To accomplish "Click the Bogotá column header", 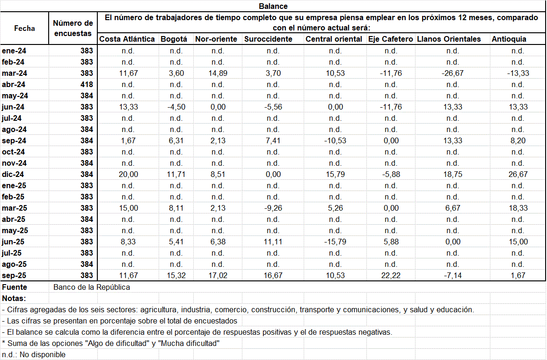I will (174, 39).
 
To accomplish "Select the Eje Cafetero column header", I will (390, 39).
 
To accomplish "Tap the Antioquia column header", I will (509, 39).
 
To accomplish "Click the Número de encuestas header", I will (73, 28).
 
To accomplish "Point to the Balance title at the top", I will (273, 6).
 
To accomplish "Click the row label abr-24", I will (14, 84).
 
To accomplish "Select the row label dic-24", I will (14, 174).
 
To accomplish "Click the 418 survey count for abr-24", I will (87, 84).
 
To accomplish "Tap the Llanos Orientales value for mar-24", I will (452, 73).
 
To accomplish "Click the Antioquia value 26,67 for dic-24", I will (518, 174).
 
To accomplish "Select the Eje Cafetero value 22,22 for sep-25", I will (390, 275).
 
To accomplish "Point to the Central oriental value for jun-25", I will (335, 242).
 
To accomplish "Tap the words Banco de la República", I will (92, 287).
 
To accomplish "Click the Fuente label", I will (15, 287).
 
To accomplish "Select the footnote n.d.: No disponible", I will (34, 354).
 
